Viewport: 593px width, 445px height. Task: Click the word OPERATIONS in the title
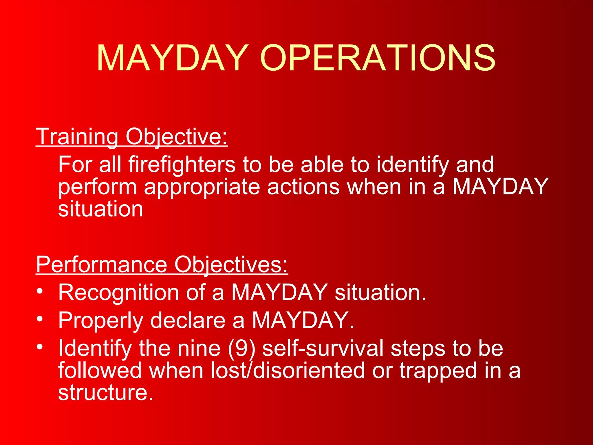pyautogui.click(x=378, y=58)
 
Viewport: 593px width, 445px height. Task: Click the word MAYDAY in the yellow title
pyautogui.click(x=173, y=58)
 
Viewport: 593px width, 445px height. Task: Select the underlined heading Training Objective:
pyautogui.click(x=132, y=137)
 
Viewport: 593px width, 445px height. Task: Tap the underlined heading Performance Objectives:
pyautogui.click(x=162, y=265)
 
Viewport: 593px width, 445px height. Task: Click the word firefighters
pyautogui.click(x=182, y=165)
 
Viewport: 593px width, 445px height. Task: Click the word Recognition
pyautogui.click(x=118, y=293)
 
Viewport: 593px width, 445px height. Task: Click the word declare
pyautogui.click(x=188, y=320)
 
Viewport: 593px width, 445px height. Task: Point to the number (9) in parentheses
pyautogui.click(x=242, y=349)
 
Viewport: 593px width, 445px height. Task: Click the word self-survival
pyautogui.click(x=323, y=348)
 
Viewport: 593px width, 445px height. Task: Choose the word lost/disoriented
pyautogui.click(x=288, y=371)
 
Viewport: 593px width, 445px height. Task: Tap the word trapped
pyautogui.click(x=438, y=371)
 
